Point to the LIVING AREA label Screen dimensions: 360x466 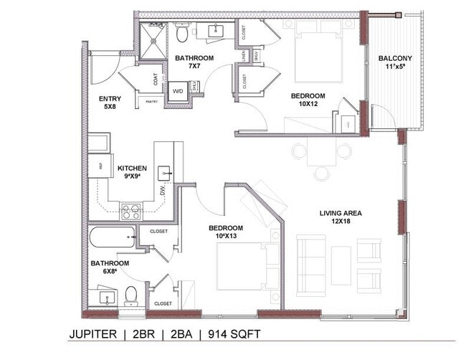pos(341,217)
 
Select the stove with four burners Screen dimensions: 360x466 pos(130,211)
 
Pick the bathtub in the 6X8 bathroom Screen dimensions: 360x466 pos(111,237)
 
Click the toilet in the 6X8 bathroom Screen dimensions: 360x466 pos(130,295)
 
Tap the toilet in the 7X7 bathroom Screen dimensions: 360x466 pos(182,33)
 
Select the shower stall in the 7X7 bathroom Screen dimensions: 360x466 pos(153,41)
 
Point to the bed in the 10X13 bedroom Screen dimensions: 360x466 pos(244,265)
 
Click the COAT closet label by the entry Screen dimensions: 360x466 pos(156,80)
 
